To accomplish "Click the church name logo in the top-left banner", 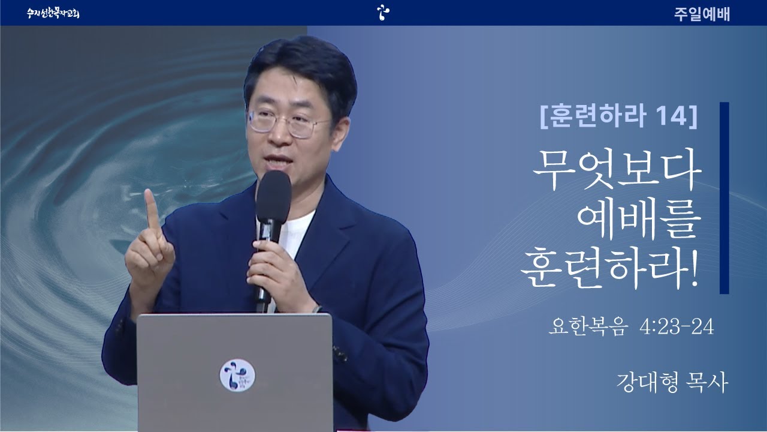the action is point(53,13).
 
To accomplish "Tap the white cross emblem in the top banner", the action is point(383,13).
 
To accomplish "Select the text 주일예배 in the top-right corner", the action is point(702,14).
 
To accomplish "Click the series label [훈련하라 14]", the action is point(618,116).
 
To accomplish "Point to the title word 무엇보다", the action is point(617,169).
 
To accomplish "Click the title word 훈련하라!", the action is point(609,268).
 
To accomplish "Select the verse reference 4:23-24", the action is point(677,326).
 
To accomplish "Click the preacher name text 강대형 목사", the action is point(672,383).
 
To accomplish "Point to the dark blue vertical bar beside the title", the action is point(724,198).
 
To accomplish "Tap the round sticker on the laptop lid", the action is point(237,375).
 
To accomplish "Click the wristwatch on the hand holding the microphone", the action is point(317,309).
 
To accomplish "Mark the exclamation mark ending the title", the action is point(694,268).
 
